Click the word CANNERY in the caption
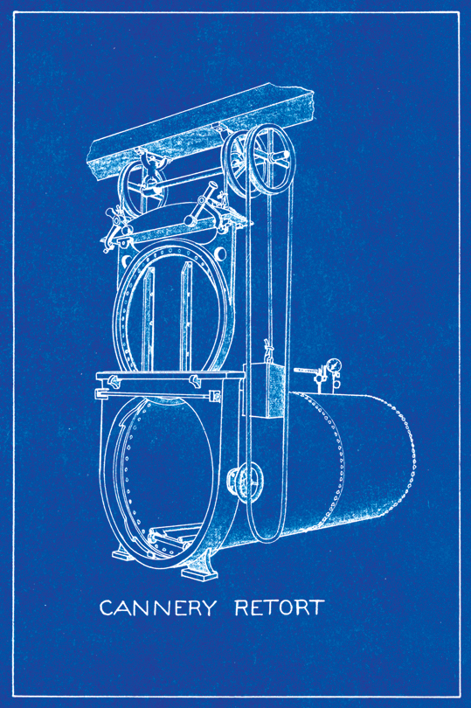click(157, 607)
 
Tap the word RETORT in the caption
click(280, 607)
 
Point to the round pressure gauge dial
click(333, 365)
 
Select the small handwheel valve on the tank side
click(246, 482)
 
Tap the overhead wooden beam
click(201, 131)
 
